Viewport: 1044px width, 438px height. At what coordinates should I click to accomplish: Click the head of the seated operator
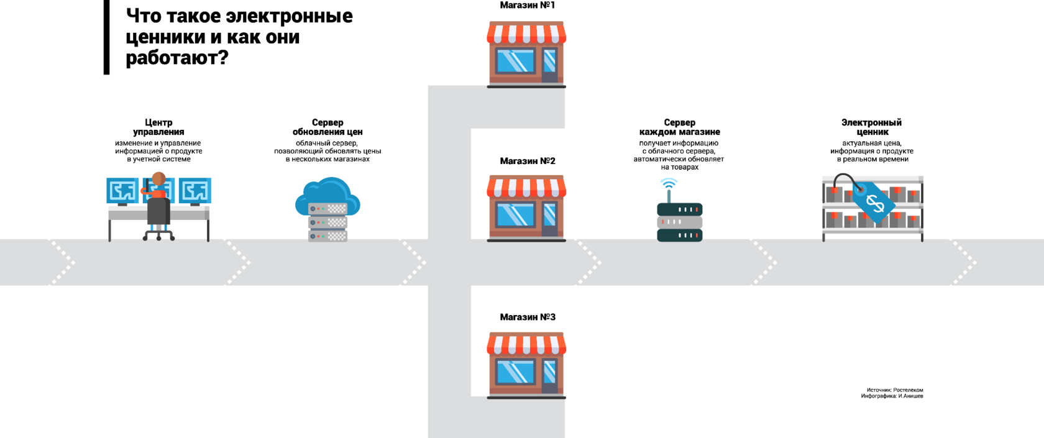(x=159, y=178)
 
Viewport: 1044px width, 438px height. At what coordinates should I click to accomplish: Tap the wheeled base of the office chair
(x=158, y=235)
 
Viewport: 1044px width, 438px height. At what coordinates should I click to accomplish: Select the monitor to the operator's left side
(x=122, y=191)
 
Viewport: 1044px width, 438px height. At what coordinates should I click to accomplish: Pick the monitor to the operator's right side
(x=195, y=191)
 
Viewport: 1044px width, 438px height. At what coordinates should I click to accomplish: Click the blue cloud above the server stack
(x=327, y=193)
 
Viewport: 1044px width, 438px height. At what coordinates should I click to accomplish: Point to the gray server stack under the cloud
(x=327, y=222)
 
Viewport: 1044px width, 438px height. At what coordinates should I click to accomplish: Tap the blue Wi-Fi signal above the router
(x=669, y=182)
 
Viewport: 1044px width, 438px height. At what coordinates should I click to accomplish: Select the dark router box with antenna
(x=679, y=222)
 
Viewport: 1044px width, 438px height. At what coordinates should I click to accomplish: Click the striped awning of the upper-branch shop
(x=526, y=33)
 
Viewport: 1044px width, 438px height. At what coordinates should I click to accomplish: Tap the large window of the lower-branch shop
(x=515, y=372)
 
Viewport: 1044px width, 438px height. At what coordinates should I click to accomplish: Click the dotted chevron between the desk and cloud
(x=233, y=262)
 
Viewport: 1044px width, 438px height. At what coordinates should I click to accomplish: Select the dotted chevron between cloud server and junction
(x=408, y=262)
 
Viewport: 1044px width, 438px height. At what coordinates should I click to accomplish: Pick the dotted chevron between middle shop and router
(x=584, y=262)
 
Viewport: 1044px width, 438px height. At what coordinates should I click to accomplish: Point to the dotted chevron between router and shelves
(x=759, y=262)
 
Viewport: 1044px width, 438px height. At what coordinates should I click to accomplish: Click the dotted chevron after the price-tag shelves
(x=959, y=262)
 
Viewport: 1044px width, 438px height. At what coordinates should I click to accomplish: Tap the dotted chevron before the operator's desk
(x=58, y=262)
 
